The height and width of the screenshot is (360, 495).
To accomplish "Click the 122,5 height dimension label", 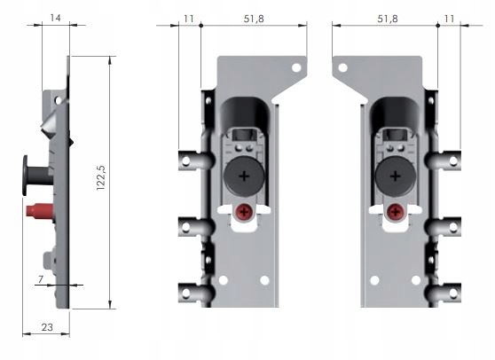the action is [101, 177].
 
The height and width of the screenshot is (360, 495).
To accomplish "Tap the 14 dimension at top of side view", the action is [55, 18].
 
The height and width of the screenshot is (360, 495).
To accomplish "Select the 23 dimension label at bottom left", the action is [47, 327].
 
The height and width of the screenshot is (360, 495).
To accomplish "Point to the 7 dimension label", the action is [41, 279].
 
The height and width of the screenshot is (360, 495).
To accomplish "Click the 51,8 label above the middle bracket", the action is [254, 19].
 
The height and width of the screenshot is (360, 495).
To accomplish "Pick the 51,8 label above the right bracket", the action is [388, 19].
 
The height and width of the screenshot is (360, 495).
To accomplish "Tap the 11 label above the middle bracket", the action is [188, 19].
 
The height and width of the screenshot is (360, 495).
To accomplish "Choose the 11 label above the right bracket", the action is [449, 19].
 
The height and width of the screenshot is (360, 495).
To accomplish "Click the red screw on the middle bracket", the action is [244, 212].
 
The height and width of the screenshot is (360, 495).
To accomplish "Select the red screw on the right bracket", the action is [395, 212].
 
